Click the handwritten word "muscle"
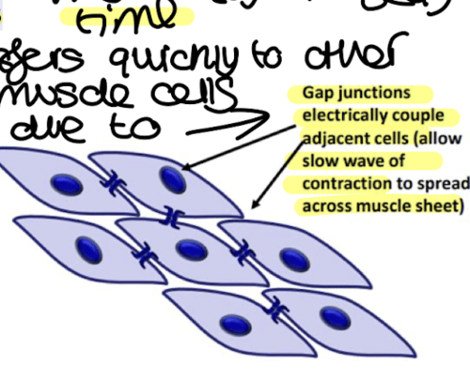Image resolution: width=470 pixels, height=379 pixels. point(65,95)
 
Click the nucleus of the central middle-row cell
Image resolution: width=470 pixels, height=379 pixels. point(192,250)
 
